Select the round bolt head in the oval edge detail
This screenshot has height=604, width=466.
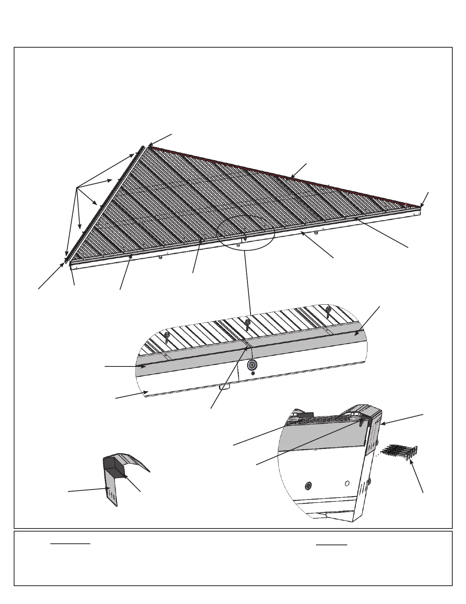(x=251, y=365)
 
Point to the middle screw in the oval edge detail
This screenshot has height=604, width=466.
(x=247, y=324)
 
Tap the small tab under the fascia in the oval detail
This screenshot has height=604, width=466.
(x=225, y=387)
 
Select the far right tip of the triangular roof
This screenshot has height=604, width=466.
(x=420, y=207)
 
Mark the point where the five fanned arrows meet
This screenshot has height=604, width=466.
(x=77, y=188)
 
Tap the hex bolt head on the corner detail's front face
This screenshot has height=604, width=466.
(x=308, y=486)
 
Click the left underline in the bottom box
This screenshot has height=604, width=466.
(x=70, y=543)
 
